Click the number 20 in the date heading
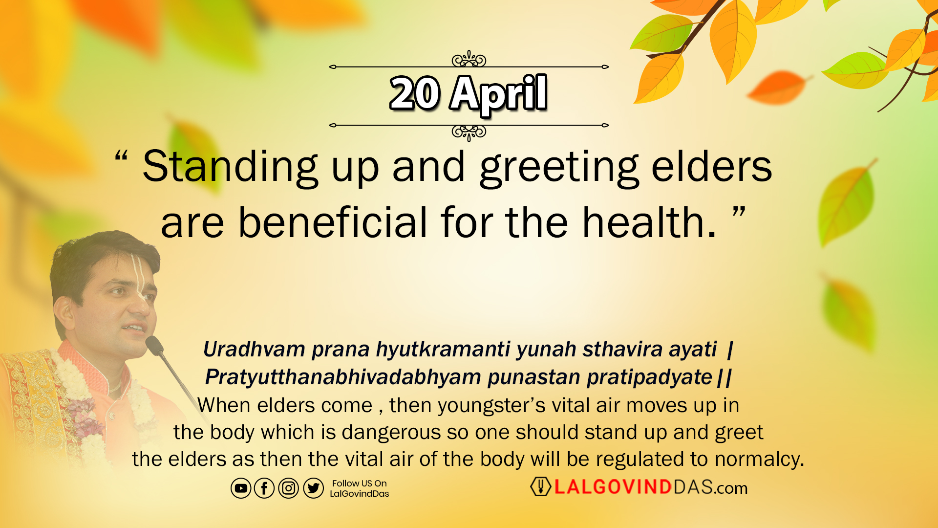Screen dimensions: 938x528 415,93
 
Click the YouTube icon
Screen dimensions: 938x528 241,488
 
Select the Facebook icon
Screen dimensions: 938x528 264,488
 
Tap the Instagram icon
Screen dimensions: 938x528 288,488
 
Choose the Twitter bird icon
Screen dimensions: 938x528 313,488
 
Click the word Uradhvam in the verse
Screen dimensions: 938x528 255,349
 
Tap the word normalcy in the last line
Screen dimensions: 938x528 759,460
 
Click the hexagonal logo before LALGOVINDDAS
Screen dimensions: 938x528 540,486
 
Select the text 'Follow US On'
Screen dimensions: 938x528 360,483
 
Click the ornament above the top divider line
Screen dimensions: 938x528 469,59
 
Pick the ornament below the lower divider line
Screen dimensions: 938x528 469,132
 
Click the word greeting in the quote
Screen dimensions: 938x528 559,168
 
